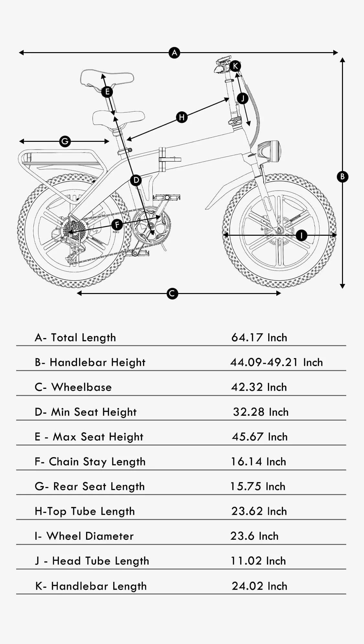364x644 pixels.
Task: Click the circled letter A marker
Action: [174, 52]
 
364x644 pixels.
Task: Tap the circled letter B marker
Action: [342, 176]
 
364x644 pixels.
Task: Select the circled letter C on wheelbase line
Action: [172, 293]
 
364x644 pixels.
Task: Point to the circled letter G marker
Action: [65, 141]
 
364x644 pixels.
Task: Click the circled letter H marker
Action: [182, 117]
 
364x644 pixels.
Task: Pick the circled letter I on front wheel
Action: [301, 235]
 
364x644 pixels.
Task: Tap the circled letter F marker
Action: [117, 224]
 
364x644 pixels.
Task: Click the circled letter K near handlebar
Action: [235, 66]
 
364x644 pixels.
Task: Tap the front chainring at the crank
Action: [151, 225]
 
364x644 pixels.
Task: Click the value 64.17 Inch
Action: [259, 338]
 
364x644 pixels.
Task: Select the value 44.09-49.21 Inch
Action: [276, 362]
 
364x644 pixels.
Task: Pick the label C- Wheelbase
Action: [73, 387]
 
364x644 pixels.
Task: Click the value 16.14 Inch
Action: [258, 462]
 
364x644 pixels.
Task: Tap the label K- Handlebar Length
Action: [91, 586]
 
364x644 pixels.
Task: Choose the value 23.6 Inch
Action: [254, 536]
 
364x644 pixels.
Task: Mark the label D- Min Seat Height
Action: [86, 412]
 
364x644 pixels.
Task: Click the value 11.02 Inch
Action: [258, 561]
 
